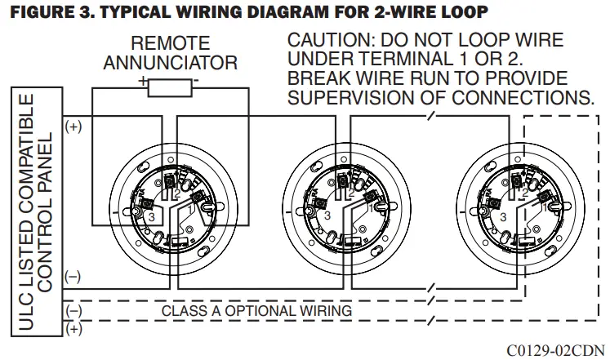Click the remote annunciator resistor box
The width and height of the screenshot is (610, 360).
(x=170, y=87)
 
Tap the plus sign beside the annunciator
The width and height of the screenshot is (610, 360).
(x=143, y=81)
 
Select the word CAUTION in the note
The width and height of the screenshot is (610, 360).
(x=325, y=41)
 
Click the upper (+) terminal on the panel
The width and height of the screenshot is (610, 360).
(x=73, y=127)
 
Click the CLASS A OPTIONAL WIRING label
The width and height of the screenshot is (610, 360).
(x=256, y=311)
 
